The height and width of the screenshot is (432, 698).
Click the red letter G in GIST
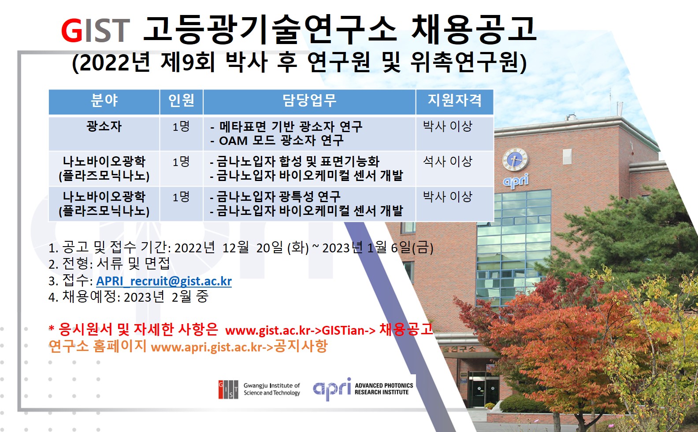tap(71, 30)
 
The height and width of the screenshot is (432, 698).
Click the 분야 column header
tap(104, 100)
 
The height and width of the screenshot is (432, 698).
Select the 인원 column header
tap(182, 100)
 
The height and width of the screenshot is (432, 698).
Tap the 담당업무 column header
tap(309, 100)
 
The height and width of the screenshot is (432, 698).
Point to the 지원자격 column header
tap(455, 100)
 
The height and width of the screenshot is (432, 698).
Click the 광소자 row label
tap(104, 126)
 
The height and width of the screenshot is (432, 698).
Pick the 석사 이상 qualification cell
tap(447, 161)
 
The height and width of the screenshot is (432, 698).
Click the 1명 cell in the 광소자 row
tap(182, 126)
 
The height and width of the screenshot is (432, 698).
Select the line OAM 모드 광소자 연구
tap(277, 141)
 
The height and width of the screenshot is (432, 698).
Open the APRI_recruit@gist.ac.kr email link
tap(164, 281)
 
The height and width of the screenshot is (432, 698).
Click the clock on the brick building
tap(515, 159)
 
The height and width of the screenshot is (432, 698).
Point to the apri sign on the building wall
tap(516, 181)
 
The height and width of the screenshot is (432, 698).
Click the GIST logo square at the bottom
tap(228, 389)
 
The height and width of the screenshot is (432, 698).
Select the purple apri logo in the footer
tap(332, 389)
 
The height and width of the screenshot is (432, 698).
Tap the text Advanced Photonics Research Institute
tap(384, 389)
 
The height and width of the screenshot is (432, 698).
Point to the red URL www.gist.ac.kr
tap(268, 330)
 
